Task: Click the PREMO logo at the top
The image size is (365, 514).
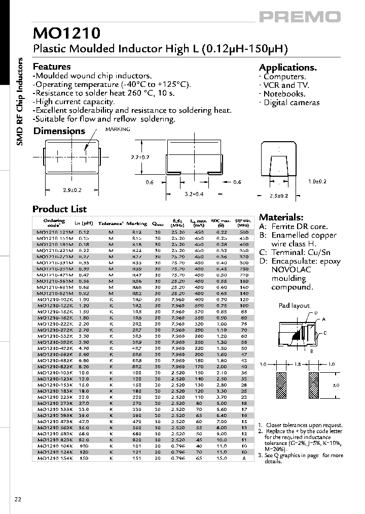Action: [300, 17]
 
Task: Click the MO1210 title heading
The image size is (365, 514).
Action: [66, 34]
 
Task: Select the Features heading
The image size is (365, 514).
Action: [52, 67]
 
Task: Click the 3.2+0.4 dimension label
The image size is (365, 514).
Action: [194, 194]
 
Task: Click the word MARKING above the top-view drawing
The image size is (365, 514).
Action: [118, 130]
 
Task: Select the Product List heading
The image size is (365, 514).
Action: [59, 209]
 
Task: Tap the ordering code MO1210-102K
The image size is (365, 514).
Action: [55, 300]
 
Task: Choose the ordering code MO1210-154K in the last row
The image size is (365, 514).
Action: [55, 458]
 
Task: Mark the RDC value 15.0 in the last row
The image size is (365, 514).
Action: [221, 458]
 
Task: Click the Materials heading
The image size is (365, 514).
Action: [281, 217]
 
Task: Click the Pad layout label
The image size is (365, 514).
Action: [294, 305]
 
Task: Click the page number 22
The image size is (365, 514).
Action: [18, 500]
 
